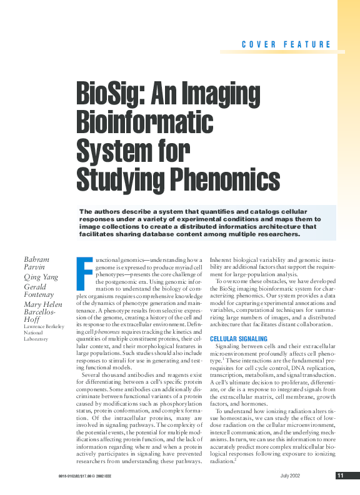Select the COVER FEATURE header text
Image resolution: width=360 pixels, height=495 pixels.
286,44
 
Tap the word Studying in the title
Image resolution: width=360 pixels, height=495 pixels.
114,179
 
